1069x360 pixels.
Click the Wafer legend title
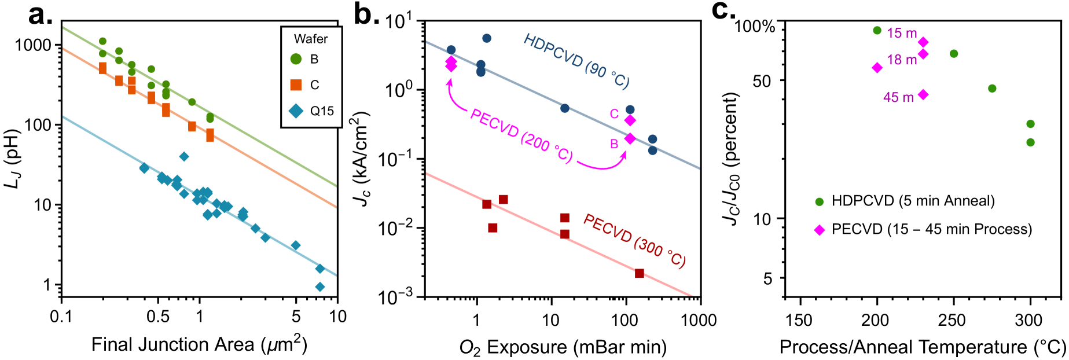tap(311, 39)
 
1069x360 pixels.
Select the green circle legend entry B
tap(296, 59)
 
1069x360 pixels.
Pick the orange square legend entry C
tap(296, 85)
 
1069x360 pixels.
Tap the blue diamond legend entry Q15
tap(296, 111)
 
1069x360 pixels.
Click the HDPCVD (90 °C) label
tap(576, 61)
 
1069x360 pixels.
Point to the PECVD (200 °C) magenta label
tap(521, 135)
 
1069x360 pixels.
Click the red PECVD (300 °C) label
tap(634, 241)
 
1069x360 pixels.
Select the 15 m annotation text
tap(902, 34)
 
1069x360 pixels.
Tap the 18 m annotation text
tap(902, 60)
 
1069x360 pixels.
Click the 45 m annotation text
tap(898, 97)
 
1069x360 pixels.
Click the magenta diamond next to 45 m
tap(923, 94)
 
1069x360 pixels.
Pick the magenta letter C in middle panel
tap(614, 114)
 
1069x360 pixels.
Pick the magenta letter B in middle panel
tap(614, 144)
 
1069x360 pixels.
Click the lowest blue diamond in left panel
tap(319, 286)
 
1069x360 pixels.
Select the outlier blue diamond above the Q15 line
tap(183, 156)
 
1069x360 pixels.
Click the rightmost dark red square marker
tap(640, 273)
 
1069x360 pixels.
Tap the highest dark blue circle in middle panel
tap(487, 38)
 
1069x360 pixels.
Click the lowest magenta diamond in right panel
tap(819, 230)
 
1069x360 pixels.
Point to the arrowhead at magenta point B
tap(624, 154)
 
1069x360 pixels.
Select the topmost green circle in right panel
tap(877, 30)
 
